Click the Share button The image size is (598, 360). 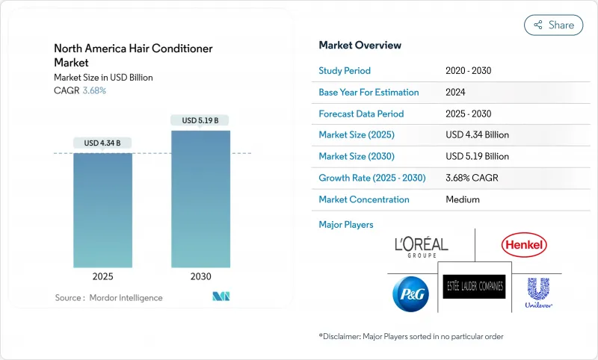coord(553,25)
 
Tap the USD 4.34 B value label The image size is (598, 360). coord(102,143)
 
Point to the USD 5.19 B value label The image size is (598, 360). coord(200,120)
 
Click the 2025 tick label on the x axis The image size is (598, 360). coord(102,276)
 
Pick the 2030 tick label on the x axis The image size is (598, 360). coord(200,276)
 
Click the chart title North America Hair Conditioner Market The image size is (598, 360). coord(133,55)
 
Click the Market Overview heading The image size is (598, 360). coord(360,45)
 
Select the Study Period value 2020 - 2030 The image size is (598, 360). coord(468,71)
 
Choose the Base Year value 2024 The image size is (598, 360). coord(456,93)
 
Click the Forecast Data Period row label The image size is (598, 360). coord(361,114)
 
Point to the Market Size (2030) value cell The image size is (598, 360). coord(477,157)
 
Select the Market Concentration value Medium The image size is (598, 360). coord(462,199)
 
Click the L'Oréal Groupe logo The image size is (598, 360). coord(421,246)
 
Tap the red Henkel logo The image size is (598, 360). coord(524,244)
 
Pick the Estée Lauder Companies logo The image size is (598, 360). coord(475,286)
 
